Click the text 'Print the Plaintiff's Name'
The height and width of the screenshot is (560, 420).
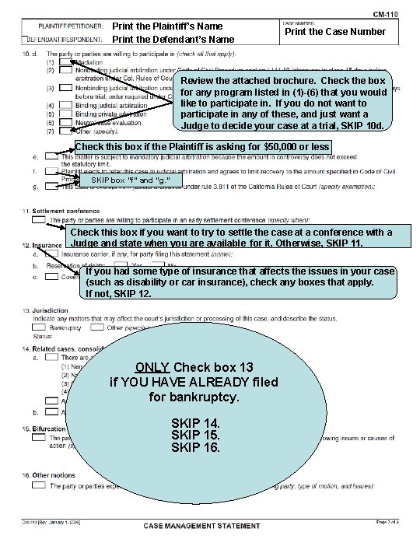tap(173, 26)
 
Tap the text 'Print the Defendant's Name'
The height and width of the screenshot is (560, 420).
tap(173, 39)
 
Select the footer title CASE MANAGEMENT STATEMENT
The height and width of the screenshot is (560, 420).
tap(201, 526)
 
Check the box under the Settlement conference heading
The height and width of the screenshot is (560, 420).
tap(38, 220)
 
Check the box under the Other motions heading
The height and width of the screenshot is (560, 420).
tap(38, 485)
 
